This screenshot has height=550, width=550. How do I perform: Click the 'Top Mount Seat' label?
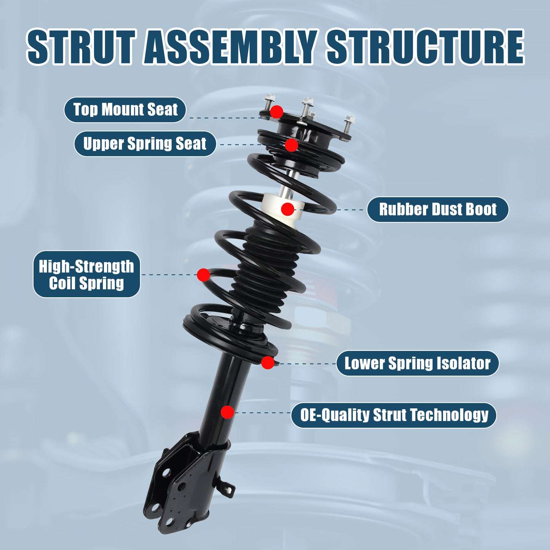125,110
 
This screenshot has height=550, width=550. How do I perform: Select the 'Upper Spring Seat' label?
145,143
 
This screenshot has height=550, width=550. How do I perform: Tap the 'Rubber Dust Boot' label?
438,209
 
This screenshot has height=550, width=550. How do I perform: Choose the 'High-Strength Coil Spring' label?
86,274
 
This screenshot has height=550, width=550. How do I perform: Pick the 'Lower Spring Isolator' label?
417,363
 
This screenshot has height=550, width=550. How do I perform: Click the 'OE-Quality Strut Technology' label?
394,415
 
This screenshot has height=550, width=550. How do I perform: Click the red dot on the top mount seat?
277,112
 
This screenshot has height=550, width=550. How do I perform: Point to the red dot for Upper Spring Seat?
292,145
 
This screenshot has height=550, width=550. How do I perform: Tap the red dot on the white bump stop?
288,209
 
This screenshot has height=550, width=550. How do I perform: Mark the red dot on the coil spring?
204,275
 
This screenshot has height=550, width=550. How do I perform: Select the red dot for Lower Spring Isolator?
268,363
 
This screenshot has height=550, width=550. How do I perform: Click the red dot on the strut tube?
227,412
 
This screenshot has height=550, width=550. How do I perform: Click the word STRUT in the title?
81,47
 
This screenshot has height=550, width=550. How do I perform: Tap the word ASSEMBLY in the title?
231,47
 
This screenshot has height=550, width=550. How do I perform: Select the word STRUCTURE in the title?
425,47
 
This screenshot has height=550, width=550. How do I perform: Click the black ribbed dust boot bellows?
266,266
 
